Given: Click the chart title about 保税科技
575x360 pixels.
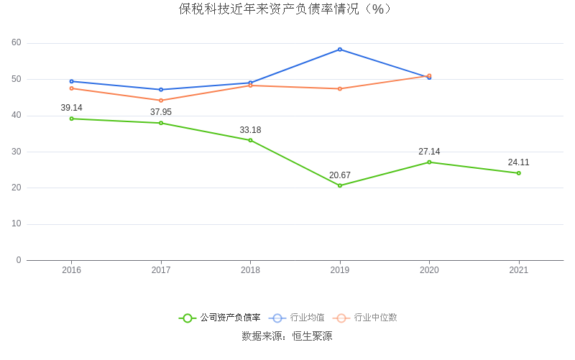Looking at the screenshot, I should point(287,9).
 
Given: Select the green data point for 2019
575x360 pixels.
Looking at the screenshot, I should point(340,185).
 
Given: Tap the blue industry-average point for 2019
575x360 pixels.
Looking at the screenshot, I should point(340,50).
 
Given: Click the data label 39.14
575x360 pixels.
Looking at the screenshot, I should point(71,108).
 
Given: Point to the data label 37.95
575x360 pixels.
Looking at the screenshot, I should point(161,112).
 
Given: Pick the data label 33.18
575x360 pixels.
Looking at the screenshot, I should point(250,130).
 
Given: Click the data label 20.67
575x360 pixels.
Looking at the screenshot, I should point(340,175).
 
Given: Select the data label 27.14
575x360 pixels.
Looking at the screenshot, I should point(429,152).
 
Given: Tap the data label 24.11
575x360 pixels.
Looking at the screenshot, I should point(518,162).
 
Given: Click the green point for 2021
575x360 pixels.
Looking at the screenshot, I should point(518,173).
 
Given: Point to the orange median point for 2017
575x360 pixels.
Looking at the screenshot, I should point(161,101).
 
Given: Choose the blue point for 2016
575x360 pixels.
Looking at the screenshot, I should point(71,81).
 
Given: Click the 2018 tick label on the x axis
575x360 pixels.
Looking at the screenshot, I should point(250,270).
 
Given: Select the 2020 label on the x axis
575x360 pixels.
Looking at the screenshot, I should point(429,270).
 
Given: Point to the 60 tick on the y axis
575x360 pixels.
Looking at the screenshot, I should point(17,43).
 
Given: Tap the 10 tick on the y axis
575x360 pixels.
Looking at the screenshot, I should point(17,224).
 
